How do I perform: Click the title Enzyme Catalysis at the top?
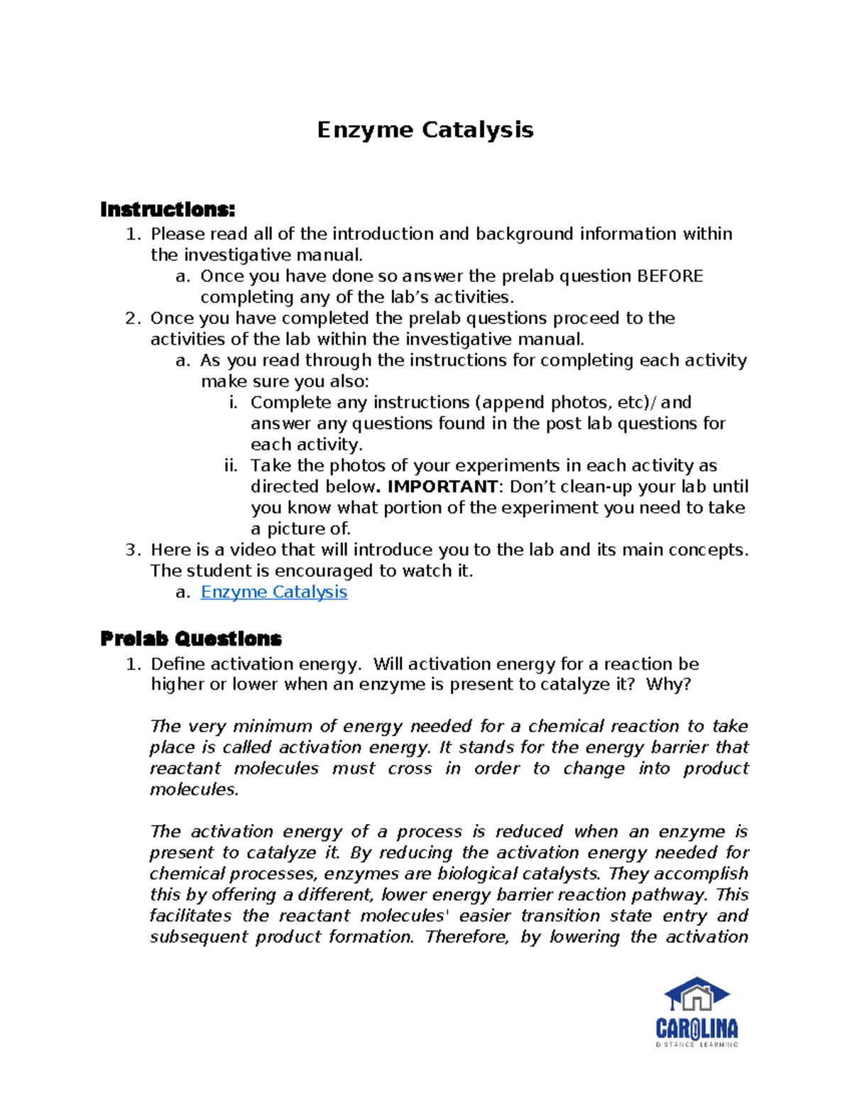(x=425, y=130)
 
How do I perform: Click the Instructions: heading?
(x=168, y=210)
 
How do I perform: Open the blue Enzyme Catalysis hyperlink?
(x=273, y=592)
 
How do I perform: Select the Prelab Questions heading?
(x=191, y=639)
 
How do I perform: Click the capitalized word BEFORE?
(x=670, y=276)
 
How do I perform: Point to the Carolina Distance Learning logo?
(x=697, y=1012)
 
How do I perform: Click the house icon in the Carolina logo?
(x=697, y=996)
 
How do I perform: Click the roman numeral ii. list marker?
(x=231, y=466)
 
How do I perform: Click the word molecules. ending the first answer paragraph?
(x=194, y=789)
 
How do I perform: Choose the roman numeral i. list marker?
(x=233, y=403)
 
